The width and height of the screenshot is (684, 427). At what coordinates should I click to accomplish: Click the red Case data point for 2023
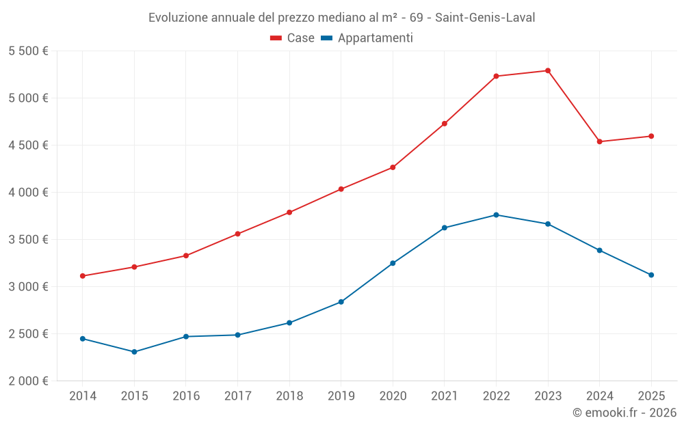tap(548, 70)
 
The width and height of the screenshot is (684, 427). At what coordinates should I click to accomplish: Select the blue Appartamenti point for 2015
tap(134, 352)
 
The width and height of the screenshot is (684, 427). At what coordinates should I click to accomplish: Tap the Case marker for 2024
tap(600, 141)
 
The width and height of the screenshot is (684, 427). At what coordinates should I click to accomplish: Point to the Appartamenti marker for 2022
tap(496, 215)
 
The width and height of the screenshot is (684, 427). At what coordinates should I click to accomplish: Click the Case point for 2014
tap(82, 276)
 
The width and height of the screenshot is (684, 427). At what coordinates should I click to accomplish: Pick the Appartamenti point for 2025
tap(651, 275)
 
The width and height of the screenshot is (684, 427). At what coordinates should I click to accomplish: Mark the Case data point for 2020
tap(393, 167)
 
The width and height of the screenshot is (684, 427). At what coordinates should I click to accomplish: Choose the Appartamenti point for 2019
tap(341, 302)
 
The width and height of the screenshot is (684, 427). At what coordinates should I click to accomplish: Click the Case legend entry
tap(293, 38)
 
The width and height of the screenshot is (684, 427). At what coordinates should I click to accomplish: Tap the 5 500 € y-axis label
tap(28, 51)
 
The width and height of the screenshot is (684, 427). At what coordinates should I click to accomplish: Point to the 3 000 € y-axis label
tap(28, 287)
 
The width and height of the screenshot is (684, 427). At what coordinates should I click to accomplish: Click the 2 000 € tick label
tap(28, 381)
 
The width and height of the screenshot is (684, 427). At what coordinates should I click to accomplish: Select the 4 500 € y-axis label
tap(28, 146)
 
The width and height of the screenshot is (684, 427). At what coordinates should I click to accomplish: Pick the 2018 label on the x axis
tap(289, 396)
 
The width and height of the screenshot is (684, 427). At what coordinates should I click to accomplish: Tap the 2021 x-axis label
tap(445, 396)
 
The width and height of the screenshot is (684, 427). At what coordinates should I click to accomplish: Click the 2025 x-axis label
tap(651, 396)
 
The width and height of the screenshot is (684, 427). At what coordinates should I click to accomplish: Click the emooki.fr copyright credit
tap(624, 413)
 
